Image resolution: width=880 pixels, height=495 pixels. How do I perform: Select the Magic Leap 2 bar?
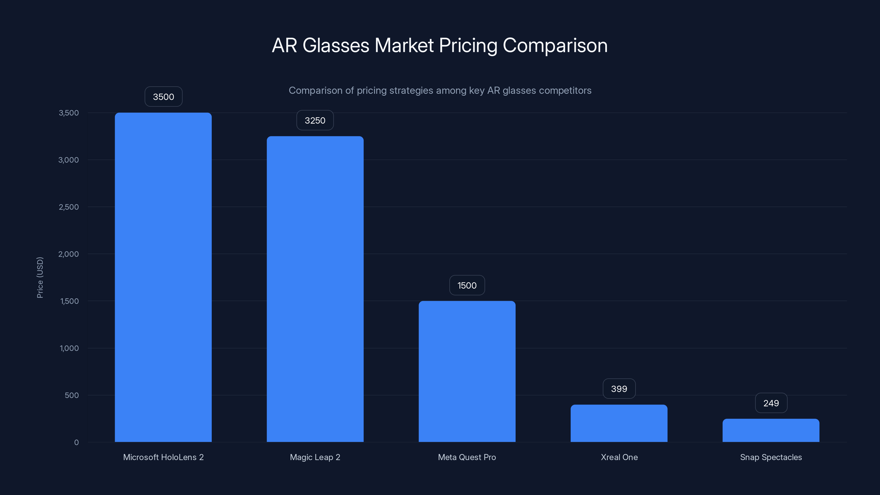pos(315,289)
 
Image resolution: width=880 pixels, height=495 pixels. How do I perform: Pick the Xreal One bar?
pos(619,423)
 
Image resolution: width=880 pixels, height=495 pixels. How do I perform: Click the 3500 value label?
pos(163,97)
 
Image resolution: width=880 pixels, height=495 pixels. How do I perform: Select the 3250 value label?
pos(315,120)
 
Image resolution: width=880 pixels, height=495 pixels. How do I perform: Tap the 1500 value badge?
pos(467,285)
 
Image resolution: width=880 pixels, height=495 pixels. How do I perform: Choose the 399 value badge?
pos(619,389)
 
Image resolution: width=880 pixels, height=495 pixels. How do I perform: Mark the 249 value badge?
pos(771,403)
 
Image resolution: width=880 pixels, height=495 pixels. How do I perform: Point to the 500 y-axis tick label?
pos(72,395)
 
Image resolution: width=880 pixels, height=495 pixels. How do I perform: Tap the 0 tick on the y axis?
pos(76,442)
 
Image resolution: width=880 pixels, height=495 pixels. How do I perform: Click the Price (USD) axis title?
pos(40,277)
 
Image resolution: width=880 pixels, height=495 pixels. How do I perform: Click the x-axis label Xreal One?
pos(619,457)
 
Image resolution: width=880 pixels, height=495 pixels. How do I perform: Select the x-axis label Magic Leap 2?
pos(315,457)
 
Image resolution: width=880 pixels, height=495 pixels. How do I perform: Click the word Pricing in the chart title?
pos(468,46)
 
